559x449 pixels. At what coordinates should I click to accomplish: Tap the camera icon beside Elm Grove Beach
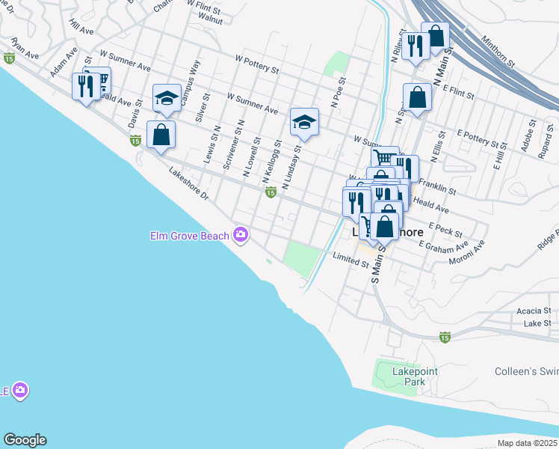[x=241, y=235]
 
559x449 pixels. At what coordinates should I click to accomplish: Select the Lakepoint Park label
[x=415, y=376]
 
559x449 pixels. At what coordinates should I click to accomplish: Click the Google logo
[x=25, y=440]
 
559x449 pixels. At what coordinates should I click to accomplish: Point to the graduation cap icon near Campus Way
[x=167, y=98]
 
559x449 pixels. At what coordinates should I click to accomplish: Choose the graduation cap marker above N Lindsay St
[x=304, y=122]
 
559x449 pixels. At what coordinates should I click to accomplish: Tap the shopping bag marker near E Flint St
[x=417, y=97]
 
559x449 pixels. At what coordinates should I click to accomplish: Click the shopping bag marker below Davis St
[x=161, y=135]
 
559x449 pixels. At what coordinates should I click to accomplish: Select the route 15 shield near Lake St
[x=445, y=337]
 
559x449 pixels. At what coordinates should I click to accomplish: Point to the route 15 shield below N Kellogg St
[x=271, y=193]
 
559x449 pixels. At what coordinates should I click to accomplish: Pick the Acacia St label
[x=534, y=311]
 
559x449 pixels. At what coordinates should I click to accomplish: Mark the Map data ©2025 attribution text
[x=528, y=443]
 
